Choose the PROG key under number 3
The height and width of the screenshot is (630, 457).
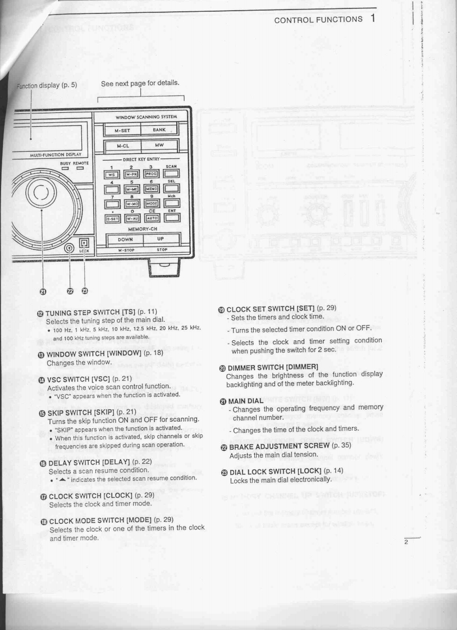pos(152,174)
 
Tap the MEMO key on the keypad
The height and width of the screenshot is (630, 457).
pos(152,189)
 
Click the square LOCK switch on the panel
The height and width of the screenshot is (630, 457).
pos(84,244)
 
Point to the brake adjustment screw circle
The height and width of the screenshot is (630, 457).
pos(69,248)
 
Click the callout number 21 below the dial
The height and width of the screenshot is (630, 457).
pos(43,291)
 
